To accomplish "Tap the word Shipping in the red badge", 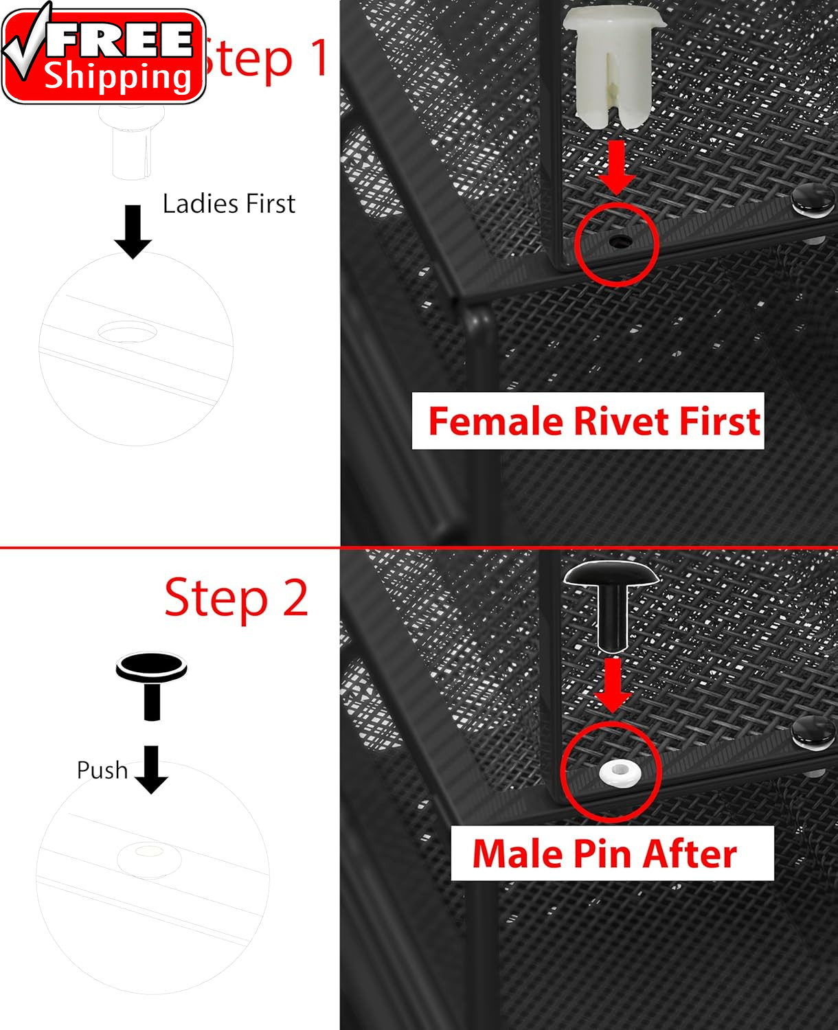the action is [118, 78].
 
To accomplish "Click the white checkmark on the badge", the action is [24, 43].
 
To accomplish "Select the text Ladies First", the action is [229, 203].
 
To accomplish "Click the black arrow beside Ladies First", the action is [133, 231].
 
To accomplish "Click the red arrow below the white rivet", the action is [616, 168].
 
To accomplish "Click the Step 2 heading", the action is [236, 598].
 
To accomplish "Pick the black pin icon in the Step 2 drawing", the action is [151, 686].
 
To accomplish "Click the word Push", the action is [102, 770].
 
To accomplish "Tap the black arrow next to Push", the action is [151, 769].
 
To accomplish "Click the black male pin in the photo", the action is [612, 606].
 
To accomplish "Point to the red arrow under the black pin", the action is [613, 685].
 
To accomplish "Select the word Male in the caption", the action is [517, 854].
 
